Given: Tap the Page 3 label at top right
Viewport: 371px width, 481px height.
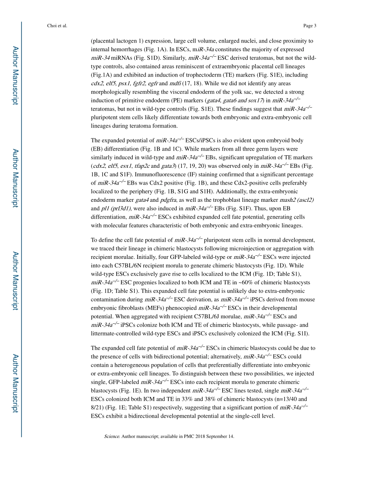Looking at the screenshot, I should [x=309, y=26].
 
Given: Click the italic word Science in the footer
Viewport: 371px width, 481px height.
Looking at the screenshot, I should [x=112, y=436].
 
